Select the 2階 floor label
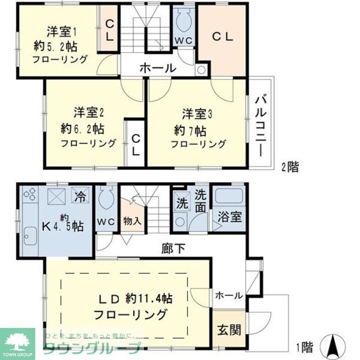(x=290, y=166)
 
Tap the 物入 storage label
(x=132, y=221)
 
